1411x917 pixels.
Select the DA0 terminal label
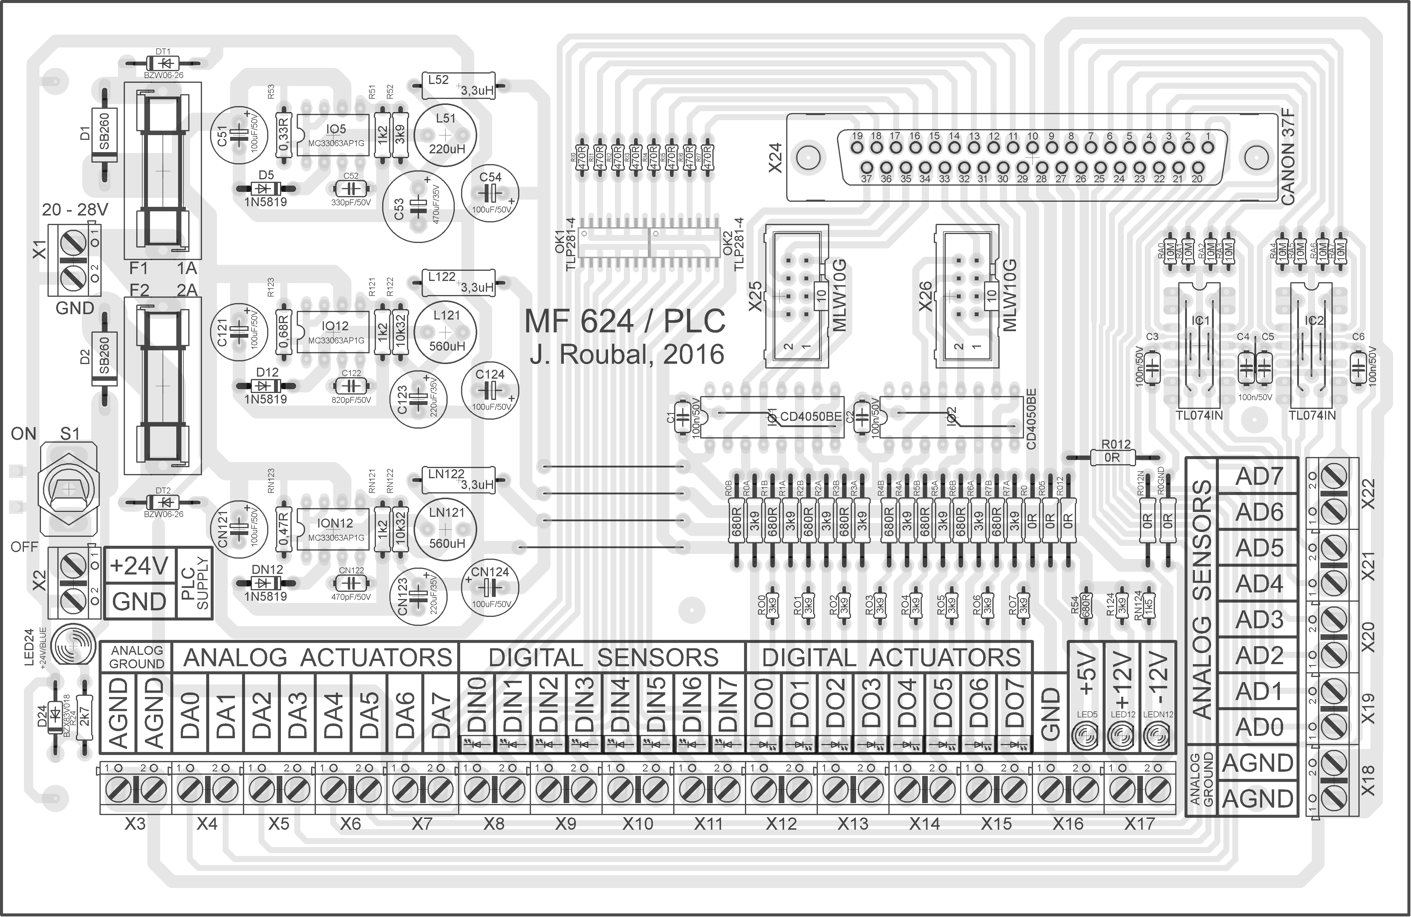tap(190, 715)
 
